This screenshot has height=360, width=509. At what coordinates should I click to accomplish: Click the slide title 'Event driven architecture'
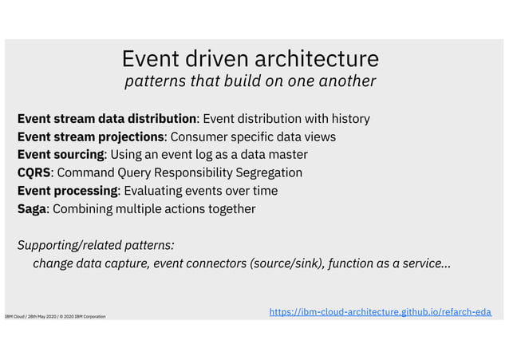(x=250, y=58)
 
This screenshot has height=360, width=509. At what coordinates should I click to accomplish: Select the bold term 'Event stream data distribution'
(x=107, y=119)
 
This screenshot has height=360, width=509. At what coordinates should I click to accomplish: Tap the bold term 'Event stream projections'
(x=91, y=136)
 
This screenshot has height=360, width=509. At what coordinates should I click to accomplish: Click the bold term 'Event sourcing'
(x=61, y=154)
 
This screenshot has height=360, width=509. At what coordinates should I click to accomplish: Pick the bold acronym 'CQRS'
(x=34, y=172)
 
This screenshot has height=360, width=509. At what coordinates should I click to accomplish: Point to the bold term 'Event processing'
(x=68, y=191)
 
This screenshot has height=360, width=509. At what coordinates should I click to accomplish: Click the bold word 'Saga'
(x=33, y=208)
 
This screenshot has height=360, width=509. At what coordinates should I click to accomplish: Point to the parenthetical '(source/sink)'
(x=286, y=263)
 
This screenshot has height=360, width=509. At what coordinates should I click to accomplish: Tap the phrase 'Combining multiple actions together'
(x=155, y=208)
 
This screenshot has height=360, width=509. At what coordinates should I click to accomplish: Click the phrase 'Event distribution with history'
(x=286, y=119)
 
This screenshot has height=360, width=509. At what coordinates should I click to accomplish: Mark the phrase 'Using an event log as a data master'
(x=208, y=154)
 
